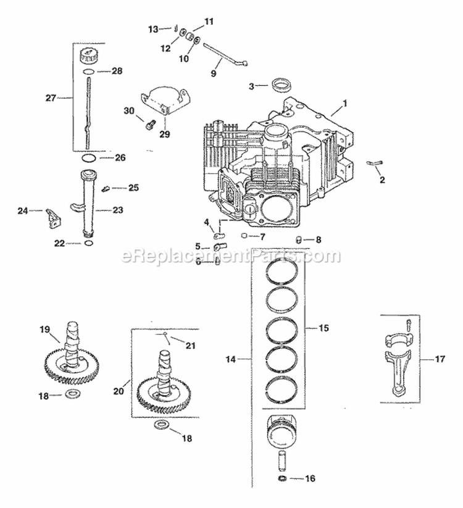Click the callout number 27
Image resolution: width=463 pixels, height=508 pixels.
pyautogui.click(x=51, y=97)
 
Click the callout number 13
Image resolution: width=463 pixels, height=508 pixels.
pyautogui.click(x=153, y=28)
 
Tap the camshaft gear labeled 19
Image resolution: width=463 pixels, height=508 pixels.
pyautogui.click(x=68, y=361)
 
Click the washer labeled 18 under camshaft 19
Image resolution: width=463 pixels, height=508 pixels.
pyautogui.click(x=72, y=394)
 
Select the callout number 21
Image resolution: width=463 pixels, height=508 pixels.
pyautogui.click(x=190, y=346)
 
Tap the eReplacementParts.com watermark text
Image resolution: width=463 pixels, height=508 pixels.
pyautogui.click(x=231, y=255)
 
